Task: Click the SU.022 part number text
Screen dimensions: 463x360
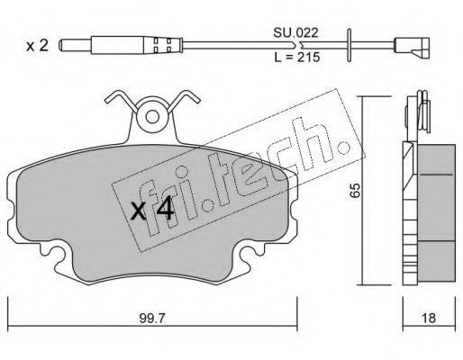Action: tap(295, 32)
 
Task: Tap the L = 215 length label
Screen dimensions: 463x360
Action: tap(297, 57)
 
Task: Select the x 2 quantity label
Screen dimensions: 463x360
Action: tap(37, 46)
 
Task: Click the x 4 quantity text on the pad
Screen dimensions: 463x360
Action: tap(152, 209)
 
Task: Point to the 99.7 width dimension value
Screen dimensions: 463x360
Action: tap(152, 318)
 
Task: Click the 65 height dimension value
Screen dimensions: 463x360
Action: tap(355, 190)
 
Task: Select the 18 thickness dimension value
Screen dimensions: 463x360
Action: tap(428, 318)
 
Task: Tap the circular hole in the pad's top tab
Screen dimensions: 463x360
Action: tap(152, 117)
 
